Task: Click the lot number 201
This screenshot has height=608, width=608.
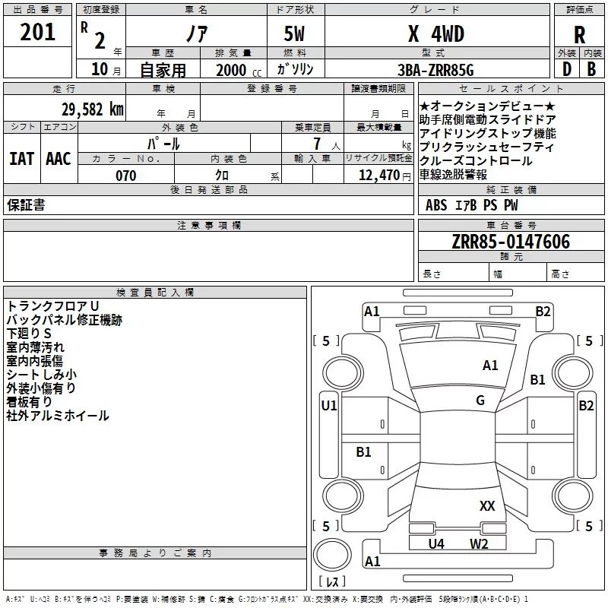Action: pyautogui.click(x=38, y=33)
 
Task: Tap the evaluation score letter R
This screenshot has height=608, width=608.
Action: pyautogui.click(x=580, y=35)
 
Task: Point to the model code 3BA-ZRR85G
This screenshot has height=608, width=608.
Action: pyautogui.click(x=435, y=70)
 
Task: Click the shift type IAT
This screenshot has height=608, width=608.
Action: pyautogui.click(x=21, y=158)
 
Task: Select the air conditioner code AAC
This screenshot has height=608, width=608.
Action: pyautogui.click(x=59, y=158)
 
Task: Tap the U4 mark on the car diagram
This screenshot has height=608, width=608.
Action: pyautogui.click(x=436, y=543)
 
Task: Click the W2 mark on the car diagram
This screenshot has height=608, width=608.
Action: pyautogui.click(x=478, y=543)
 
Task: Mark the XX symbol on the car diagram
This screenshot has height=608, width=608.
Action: pyautogui.click(x=487, y=505)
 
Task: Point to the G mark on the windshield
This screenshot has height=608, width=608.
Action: pyautogui.click(x=480, y=401)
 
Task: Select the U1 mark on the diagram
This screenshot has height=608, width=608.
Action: pyautogui.click(x=328, y=406)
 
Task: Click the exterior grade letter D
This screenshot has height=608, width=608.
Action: pyautogui.click(x=566, y=70)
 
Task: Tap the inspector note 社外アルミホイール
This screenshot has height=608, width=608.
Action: pyautogui.click(x=58, y=416)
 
